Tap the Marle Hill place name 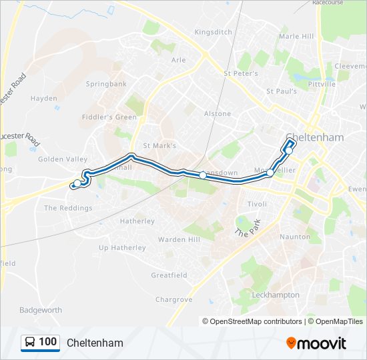pyautogui.click(x=296, y=36)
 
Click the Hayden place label pyautogui.click(x=44, y=99)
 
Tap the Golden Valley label pyautogui.click(x=63, y=159)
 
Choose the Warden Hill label pyautogui.click(x=178, y=239)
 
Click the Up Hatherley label pyautogui.click(x=122, y=248)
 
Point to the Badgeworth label pyautogui.click(x=41, y=311)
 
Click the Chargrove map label pyautogui.click(x=173, y=300)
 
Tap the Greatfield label pyautogui.click(x=169, y=275)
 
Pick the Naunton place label pyautogui.click(x=296, y=237)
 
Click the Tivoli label pyautogui.click(x=257, y=204)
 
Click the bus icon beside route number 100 pyautogui.click(x=30, y=343)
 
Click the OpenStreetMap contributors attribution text pyautogui.click(x=256, y=321)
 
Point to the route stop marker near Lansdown pyautogui.click(x=203, y=175)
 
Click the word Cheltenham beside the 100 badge pyautogui.click(x=95, y=343)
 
